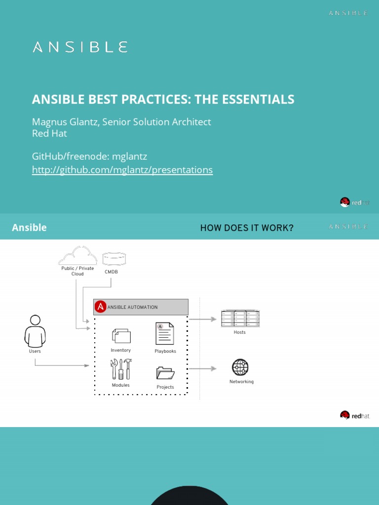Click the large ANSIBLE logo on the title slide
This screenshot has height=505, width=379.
point(80,47)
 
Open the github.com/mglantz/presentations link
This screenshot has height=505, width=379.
point(122,170)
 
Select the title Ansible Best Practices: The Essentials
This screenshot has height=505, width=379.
point(163,99)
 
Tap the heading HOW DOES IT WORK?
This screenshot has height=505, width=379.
point(247,228)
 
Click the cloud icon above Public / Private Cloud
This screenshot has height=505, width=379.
point(77,255)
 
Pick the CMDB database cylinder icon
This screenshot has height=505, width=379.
point(114,258)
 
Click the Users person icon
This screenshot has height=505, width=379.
point(35,331)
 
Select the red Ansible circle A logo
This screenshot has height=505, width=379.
point(100,307)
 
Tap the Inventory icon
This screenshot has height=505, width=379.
point(121,336)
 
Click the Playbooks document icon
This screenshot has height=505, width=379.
point(165,334)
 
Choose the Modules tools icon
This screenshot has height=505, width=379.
point(121,369)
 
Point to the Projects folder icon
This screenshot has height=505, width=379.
point(165,373)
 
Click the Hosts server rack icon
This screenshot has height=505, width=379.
point(240,318)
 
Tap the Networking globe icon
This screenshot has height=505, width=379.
point(240,367)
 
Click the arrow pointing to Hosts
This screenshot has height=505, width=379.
point(203,319)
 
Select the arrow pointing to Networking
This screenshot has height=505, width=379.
point(203,368)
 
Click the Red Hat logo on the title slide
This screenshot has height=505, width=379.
point(355,202)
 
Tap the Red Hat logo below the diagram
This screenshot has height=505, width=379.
point(355,416)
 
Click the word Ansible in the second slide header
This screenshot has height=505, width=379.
point(29,227)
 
